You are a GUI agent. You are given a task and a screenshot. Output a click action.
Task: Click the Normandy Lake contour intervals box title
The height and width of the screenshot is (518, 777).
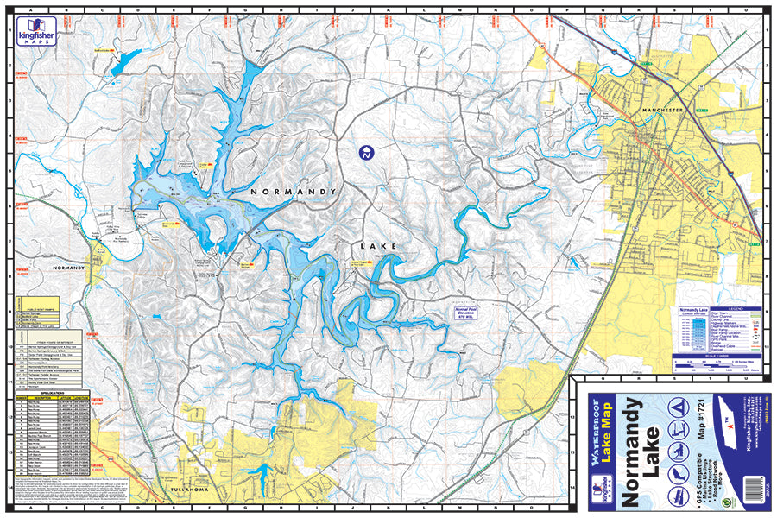(695, 308)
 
